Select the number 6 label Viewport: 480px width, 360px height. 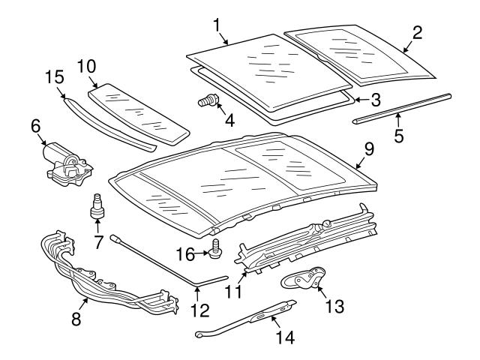tap(35, 127)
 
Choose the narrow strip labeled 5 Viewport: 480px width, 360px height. tap(402, 107)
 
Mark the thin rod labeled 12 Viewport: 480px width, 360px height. tap(165, 263)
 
